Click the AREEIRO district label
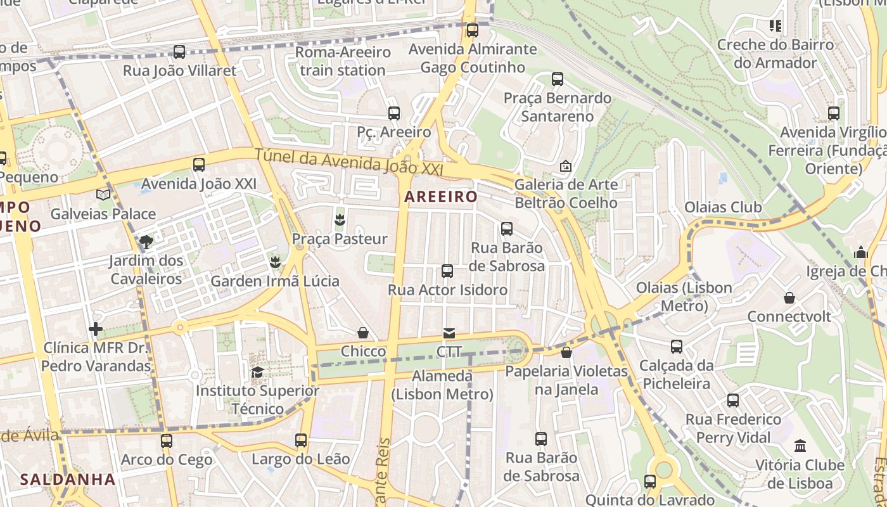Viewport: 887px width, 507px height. pos(440,197)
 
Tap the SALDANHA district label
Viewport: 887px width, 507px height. pos(68,479)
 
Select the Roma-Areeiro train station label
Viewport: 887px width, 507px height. pos(343,61)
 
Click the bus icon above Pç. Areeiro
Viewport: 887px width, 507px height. pos(393,113)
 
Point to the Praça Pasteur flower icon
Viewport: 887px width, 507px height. pos(340,220)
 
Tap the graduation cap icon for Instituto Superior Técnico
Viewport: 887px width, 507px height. pos(257,372)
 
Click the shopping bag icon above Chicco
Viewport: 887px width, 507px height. pos(363,332)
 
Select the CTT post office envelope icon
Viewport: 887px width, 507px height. pos(449,333)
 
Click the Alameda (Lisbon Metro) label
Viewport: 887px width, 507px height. pos(442,385)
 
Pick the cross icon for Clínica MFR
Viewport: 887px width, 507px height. pos(96,329)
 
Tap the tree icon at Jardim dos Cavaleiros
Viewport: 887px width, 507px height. pos(146,241)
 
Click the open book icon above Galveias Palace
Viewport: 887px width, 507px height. pos(103,195)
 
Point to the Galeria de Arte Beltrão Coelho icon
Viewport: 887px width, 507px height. pos(565,166)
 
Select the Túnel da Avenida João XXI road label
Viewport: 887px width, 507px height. pos(348,162)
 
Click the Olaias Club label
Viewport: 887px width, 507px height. pos(723,207)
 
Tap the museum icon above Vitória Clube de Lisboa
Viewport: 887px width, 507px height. pos(800,446)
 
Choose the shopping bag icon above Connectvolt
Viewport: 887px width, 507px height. pos(789,297)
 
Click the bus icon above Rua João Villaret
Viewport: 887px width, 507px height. pos(179,52)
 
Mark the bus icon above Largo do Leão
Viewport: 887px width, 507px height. pos(301,440)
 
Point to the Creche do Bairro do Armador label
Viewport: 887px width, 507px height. pos(775,54)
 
